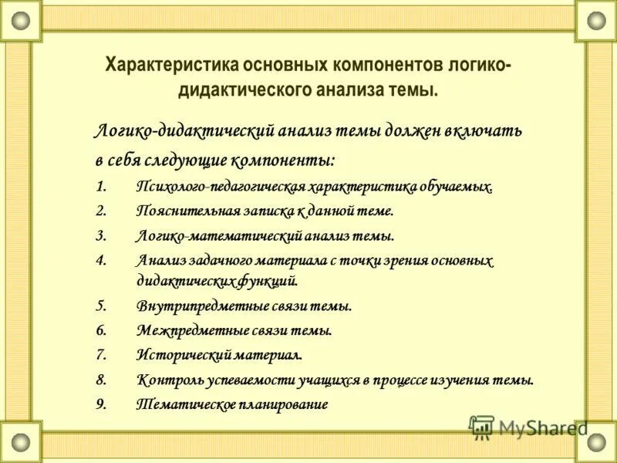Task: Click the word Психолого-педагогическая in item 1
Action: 221,188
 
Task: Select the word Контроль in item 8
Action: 165,380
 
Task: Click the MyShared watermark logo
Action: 528,426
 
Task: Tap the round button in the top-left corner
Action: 20,20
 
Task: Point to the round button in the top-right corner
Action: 597,20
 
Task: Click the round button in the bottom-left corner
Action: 20,443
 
